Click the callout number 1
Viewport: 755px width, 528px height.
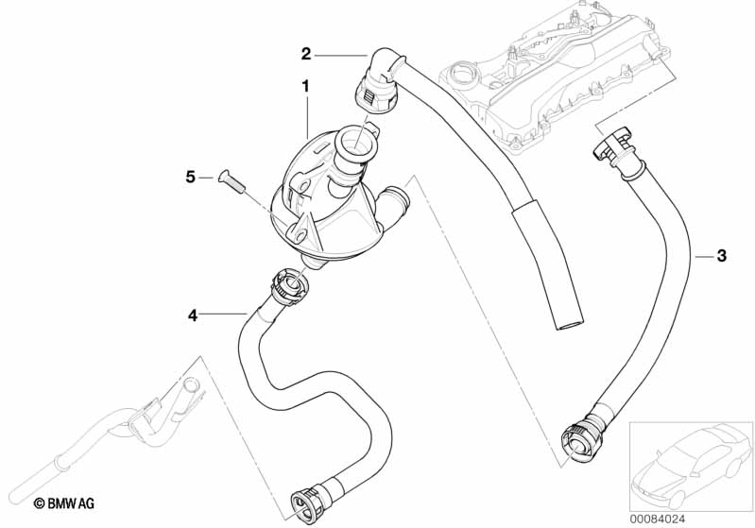[x=305, y=86]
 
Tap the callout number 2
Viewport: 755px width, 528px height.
[x=305, y=53]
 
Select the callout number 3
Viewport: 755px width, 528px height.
[x=721, y=255]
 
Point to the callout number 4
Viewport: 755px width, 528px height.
[x=193, y=315]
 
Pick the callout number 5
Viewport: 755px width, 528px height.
[x=190, y=177]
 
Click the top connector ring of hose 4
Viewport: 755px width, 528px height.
[x=286, y=282]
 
